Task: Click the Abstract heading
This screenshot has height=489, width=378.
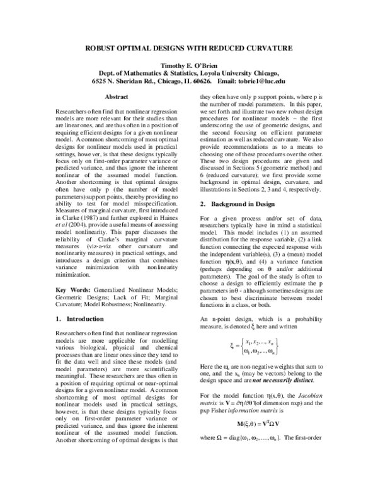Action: pyautogui.click(x=116, y=97)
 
